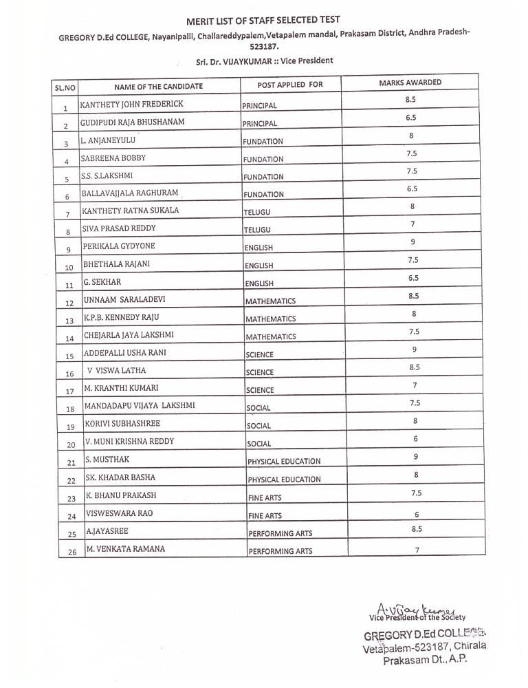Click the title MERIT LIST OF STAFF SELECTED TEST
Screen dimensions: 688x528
263,21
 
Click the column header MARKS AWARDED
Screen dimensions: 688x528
410,83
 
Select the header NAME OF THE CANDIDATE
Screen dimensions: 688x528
158,86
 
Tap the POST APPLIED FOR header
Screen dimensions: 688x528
289,85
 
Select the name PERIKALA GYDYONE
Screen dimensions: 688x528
118,246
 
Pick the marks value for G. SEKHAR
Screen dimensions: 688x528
412,278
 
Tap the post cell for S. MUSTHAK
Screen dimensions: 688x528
283,462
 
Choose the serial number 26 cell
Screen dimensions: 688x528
71,552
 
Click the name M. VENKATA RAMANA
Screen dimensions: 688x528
125,548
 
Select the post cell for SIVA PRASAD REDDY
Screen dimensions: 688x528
257,230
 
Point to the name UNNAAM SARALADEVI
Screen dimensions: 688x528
124,299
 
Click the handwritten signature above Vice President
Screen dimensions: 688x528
419,608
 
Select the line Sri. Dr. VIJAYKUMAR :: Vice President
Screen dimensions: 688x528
264,61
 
